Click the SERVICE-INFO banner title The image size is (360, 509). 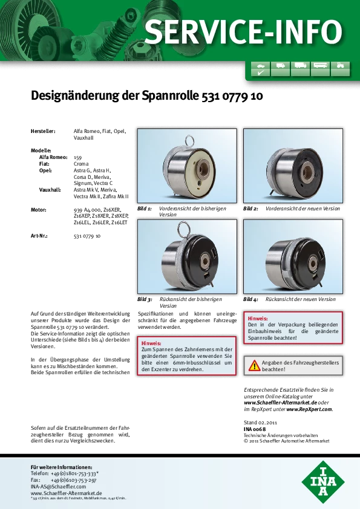tap(243, 31)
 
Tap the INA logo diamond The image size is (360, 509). tap(323, 482)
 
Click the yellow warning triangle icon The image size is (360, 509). tap(254, 366)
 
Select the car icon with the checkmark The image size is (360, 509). tap(261, 69)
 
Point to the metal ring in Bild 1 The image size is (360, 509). tap(190, 141)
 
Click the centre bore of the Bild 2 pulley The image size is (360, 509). tap(306, 172)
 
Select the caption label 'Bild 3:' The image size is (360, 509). tap(145, 299)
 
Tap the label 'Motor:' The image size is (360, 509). tap(38, 210)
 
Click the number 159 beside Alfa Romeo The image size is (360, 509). tap(77, 157)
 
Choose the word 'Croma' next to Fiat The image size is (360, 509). tap(81, 164)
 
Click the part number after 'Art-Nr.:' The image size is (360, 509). tap(87, 236)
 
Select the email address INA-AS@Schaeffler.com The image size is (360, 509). tap(59, 487)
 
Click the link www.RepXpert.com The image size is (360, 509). tap(309, 409)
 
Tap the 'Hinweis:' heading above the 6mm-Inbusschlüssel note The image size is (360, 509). tap(151, 343)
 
